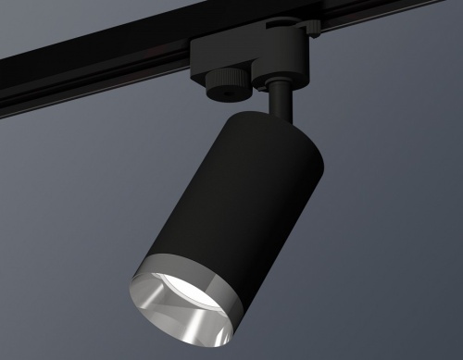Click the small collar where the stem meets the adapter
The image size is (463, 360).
pyautogui.click(x=279, y=86)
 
